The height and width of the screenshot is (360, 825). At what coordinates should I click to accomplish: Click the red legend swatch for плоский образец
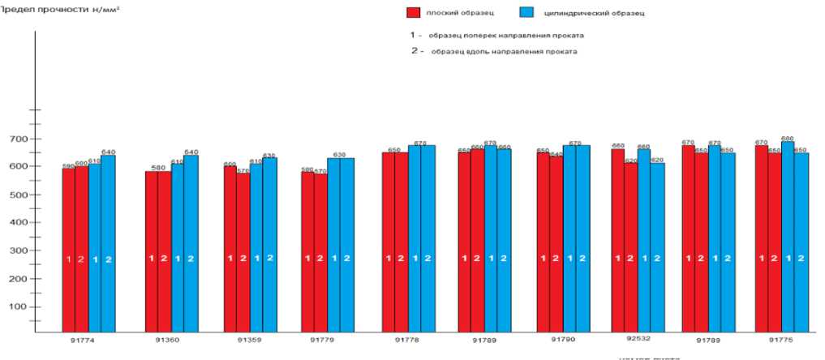pyautogui.click(x=413, y=14)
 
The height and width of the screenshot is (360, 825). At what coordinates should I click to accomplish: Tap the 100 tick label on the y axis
pyautogui.click(x=16, y=306)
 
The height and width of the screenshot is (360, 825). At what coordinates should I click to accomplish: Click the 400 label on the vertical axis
pyautogui.click(x=16, y=222)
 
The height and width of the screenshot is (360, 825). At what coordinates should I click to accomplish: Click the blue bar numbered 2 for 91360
pyautogui.click(x=191, y=243)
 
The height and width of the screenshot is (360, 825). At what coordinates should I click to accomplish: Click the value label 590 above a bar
pyautogui.click(x=69, y=165)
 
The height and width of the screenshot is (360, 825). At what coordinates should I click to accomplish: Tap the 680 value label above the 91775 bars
pyautogui.click(x=787, y=139)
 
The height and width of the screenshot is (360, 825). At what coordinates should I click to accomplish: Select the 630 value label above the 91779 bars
pyautogui.click(x=340, y=154)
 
